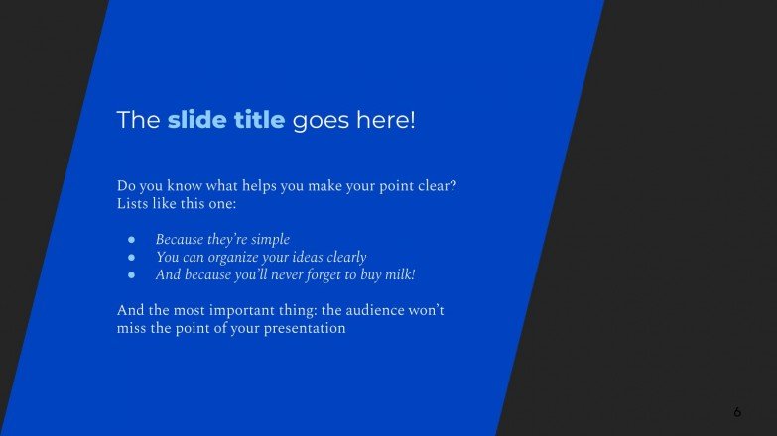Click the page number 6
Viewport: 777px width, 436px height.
(737, 411)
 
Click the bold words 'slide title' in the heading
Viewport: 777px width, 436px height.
(226, 121)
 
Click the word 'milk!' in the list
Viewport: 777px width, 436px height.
(396, 274)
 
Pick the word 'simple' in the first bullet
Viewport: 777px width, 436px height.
(270, 240)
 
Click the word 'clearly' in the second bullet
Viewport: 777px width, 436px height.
(342, 258)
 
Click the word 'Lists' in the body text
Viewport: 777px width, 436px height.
(133, 204)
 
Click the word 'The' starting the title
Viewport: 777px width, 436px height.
(138, 121)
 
